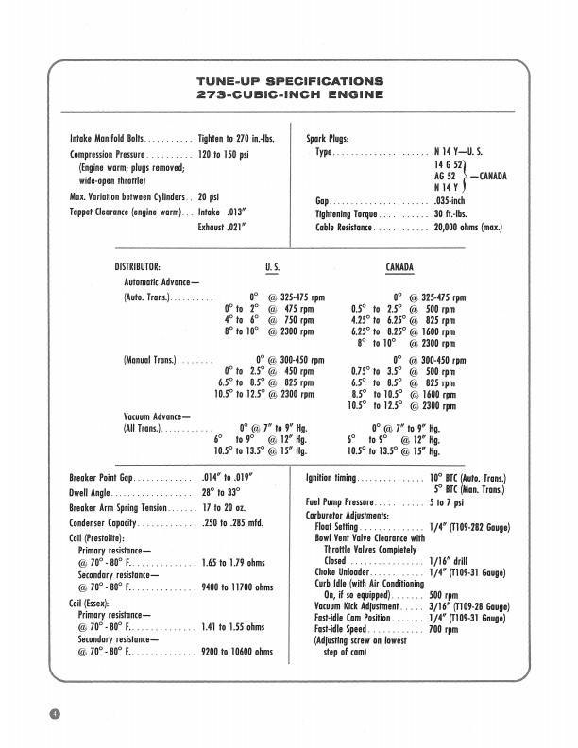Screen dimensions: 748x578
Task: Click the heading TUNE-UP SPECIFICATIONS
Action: pyautogui.click(x=289, y=82)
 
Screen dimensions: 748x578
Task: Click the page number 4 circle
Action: pyautogui.click(x=56, y=712)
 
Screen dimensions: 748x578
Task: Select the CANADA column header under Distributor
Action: pyautogui.click(x=400, y=267)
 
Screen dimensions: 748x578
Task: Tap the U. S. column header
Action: pyautogui.click(x=273, y=267)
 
